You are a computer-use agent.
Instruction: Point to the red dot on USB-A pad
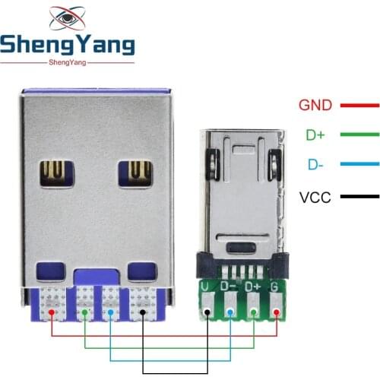51,312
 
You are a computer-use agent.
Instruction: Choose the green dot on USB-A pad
84,312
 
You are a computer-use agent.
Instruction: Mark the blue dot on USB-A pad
111,312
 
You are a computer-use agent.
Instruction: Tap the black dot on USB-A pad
144,312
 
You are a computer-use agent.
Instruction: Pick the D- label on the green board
229,287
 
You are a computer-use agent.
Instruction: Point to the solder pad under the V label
207,311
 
